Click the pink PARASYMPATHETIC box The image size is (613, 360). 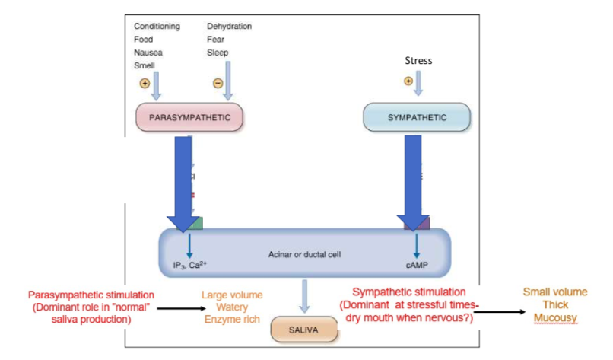[189, 118]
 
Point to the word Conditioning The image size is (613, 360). [157, 27]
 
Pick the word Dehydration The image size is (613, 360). [229, 27]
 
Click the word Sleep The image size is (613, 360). [218, 53]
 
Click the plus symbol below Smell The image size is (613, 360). [144, 83]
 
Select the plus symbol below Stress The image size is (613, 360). [408, 81]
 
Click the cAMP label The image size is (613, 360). [418, 266]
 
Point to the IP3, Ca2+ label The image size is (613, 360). [189, 266]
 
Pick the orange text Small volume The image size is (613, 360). [555, 292]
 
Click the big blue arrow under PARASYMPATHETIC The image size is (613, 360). [183, 183]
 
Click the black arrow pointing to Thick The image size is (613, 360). [502, 310]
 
